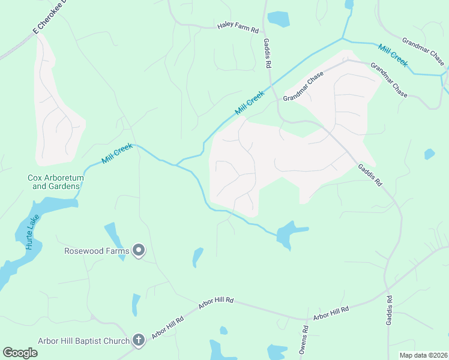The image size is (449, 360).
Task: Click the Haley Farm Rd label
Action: pos(238,28)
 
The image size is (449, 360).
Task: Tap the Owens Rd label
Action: pos(305,338)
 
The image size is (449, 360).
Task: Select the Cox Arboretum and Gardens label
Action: pos(53,182)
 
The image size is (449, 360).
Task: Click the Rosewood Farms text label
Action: pos(97,250)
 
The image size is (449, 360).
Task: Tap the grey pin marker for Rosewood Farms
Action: pos(139,250)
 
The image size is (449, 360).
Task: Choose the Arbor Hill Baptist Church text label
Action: pos(83,341)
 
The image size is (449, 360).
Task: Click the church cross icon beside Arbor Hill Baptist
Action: pos(139,341)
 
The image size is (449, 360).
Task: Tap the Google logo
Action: pos(20,353)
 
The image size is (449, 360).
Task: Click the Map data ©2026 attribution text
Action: pos(423,355)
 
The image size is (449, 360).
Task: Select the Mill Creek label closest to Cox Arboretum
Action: pos(116,154)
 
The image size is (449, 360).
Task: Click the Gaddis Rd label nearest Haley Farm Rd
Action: pos(268,53)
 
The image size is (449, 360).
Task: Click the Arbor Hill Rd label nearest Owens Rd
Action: pos(331,313)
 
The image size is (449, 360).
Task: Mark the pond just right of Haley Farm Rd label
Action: pos(279,19)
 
